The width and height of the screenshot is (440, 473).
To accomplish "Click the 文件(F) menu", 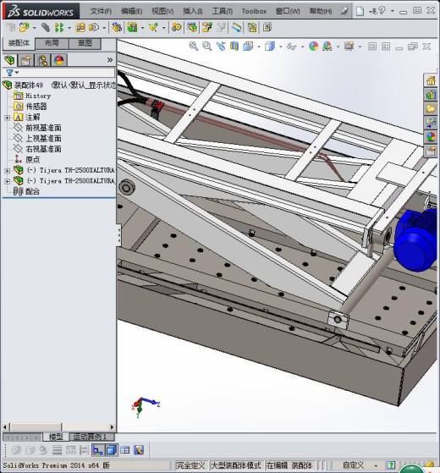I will tap(101, 11).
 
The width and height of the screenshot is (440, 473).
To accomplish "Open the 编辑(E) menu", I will tap(131, 11).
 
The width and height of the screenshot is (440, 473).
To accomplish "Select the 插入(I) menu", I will tap(192, 11).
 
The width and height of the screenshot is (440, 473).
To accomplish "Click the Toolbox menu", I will tap(254, 11).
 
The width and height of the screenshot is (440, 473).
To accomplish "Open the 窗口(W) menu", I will tap(288, 11).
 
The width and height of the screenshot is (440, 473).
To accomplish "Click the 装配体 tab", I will tap(18, 43).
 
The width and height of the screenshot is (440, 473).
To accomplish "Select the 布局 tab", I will tap(52, 43).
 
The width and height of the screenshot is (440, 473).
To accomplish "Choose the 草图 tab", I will tap(85, 43).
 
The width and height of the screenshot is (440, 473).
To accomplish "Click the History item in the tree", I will tap(38, 96).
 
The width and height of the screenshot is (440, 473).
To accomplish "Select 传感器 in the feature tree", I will tap(36, 107).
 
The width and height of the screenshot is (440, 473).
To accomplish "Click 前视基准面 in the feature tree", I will tap(43, 128).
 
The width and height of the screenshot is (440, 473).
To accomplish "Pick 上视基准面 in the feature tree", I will tap(43, 138).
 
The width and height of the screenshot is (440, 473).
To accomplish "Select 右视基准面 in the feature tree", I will tap(43, 149).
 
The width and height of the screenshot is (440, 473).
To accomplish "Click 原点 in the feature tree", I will tap(32, 159).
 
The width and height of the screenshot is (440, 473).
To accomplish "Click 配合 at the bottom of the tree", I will tap(32, 191).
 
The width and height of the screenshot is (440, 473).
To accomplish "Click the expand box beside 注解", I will tap(8, 118).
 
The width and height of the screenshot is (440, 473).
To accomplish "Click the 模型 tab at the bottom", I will tap(56, 437).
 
